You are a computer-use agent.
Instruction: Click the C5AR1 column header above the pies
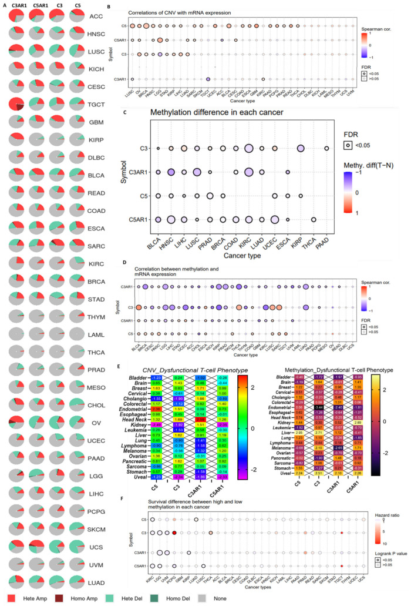click(41, 5)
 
